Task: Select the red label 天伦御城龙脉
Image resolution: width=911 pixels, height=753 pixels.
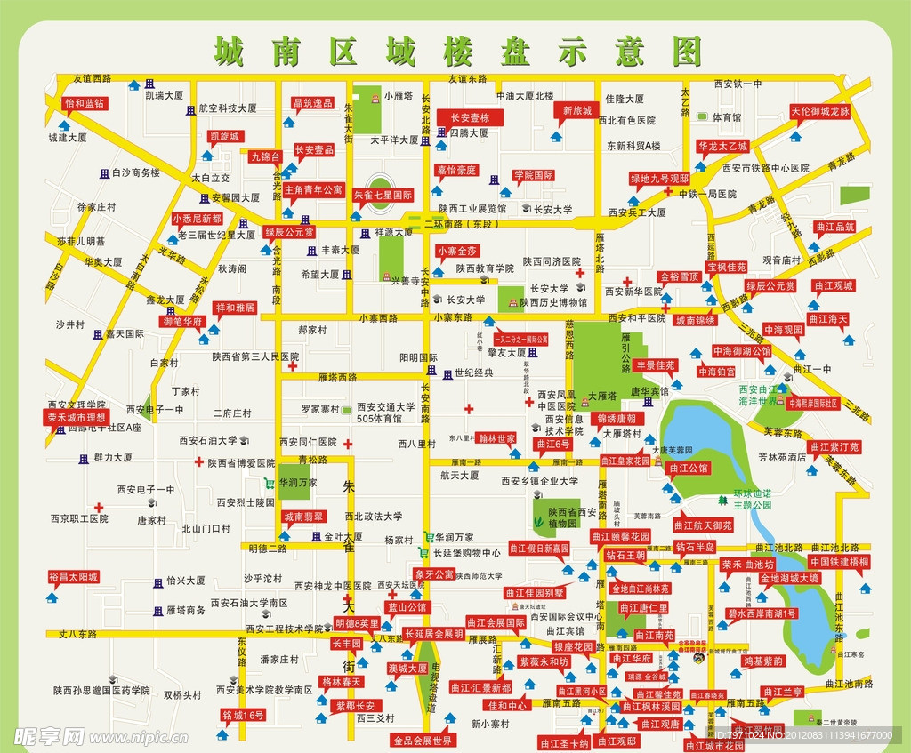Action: (x=820, y=112)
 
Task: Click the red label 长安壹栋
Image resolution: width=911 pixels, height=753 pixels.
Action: (x=469, y=117)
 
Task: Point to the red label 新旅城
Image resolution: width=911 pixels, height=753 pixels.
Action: (x=576, y=110)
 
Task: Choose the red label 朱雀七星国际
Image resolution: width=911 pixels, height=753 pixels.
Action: (x=383, y=195)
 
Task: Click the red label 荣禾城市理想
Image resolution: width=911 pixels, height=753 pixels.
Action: (x=77, y=417)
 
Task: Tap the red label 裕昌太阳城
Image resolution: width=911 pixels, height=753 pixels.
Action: (x=73, y=577)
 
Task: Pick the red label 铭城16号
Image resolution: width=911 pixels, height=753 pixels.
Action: (x=243, y=715)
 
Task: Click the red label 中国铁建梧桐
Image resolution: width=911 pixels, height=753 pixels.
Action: (x=839, y=562)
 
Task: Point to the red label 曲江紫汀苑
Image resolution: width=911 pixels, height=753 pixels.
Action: (x=834, y=446)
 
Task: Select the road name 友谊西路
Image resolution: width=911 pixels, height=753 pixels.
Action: (x=93, y=78)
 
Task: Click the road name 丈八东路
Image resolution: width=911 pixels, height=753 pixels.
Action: (x=77, y=634)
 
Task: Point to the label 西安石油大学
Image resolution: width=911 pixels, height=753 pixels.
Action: (x=208, y=439)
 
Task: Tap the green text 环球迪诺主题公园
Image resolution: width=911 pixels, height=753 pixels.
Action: (x=752, y=498)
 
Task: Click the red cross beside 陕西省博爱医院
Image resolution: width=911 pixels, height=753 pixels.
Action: (x=199, y=461)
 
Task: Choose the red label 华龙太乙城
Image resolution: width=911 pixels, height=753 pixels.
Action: (x=722, y=146)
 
